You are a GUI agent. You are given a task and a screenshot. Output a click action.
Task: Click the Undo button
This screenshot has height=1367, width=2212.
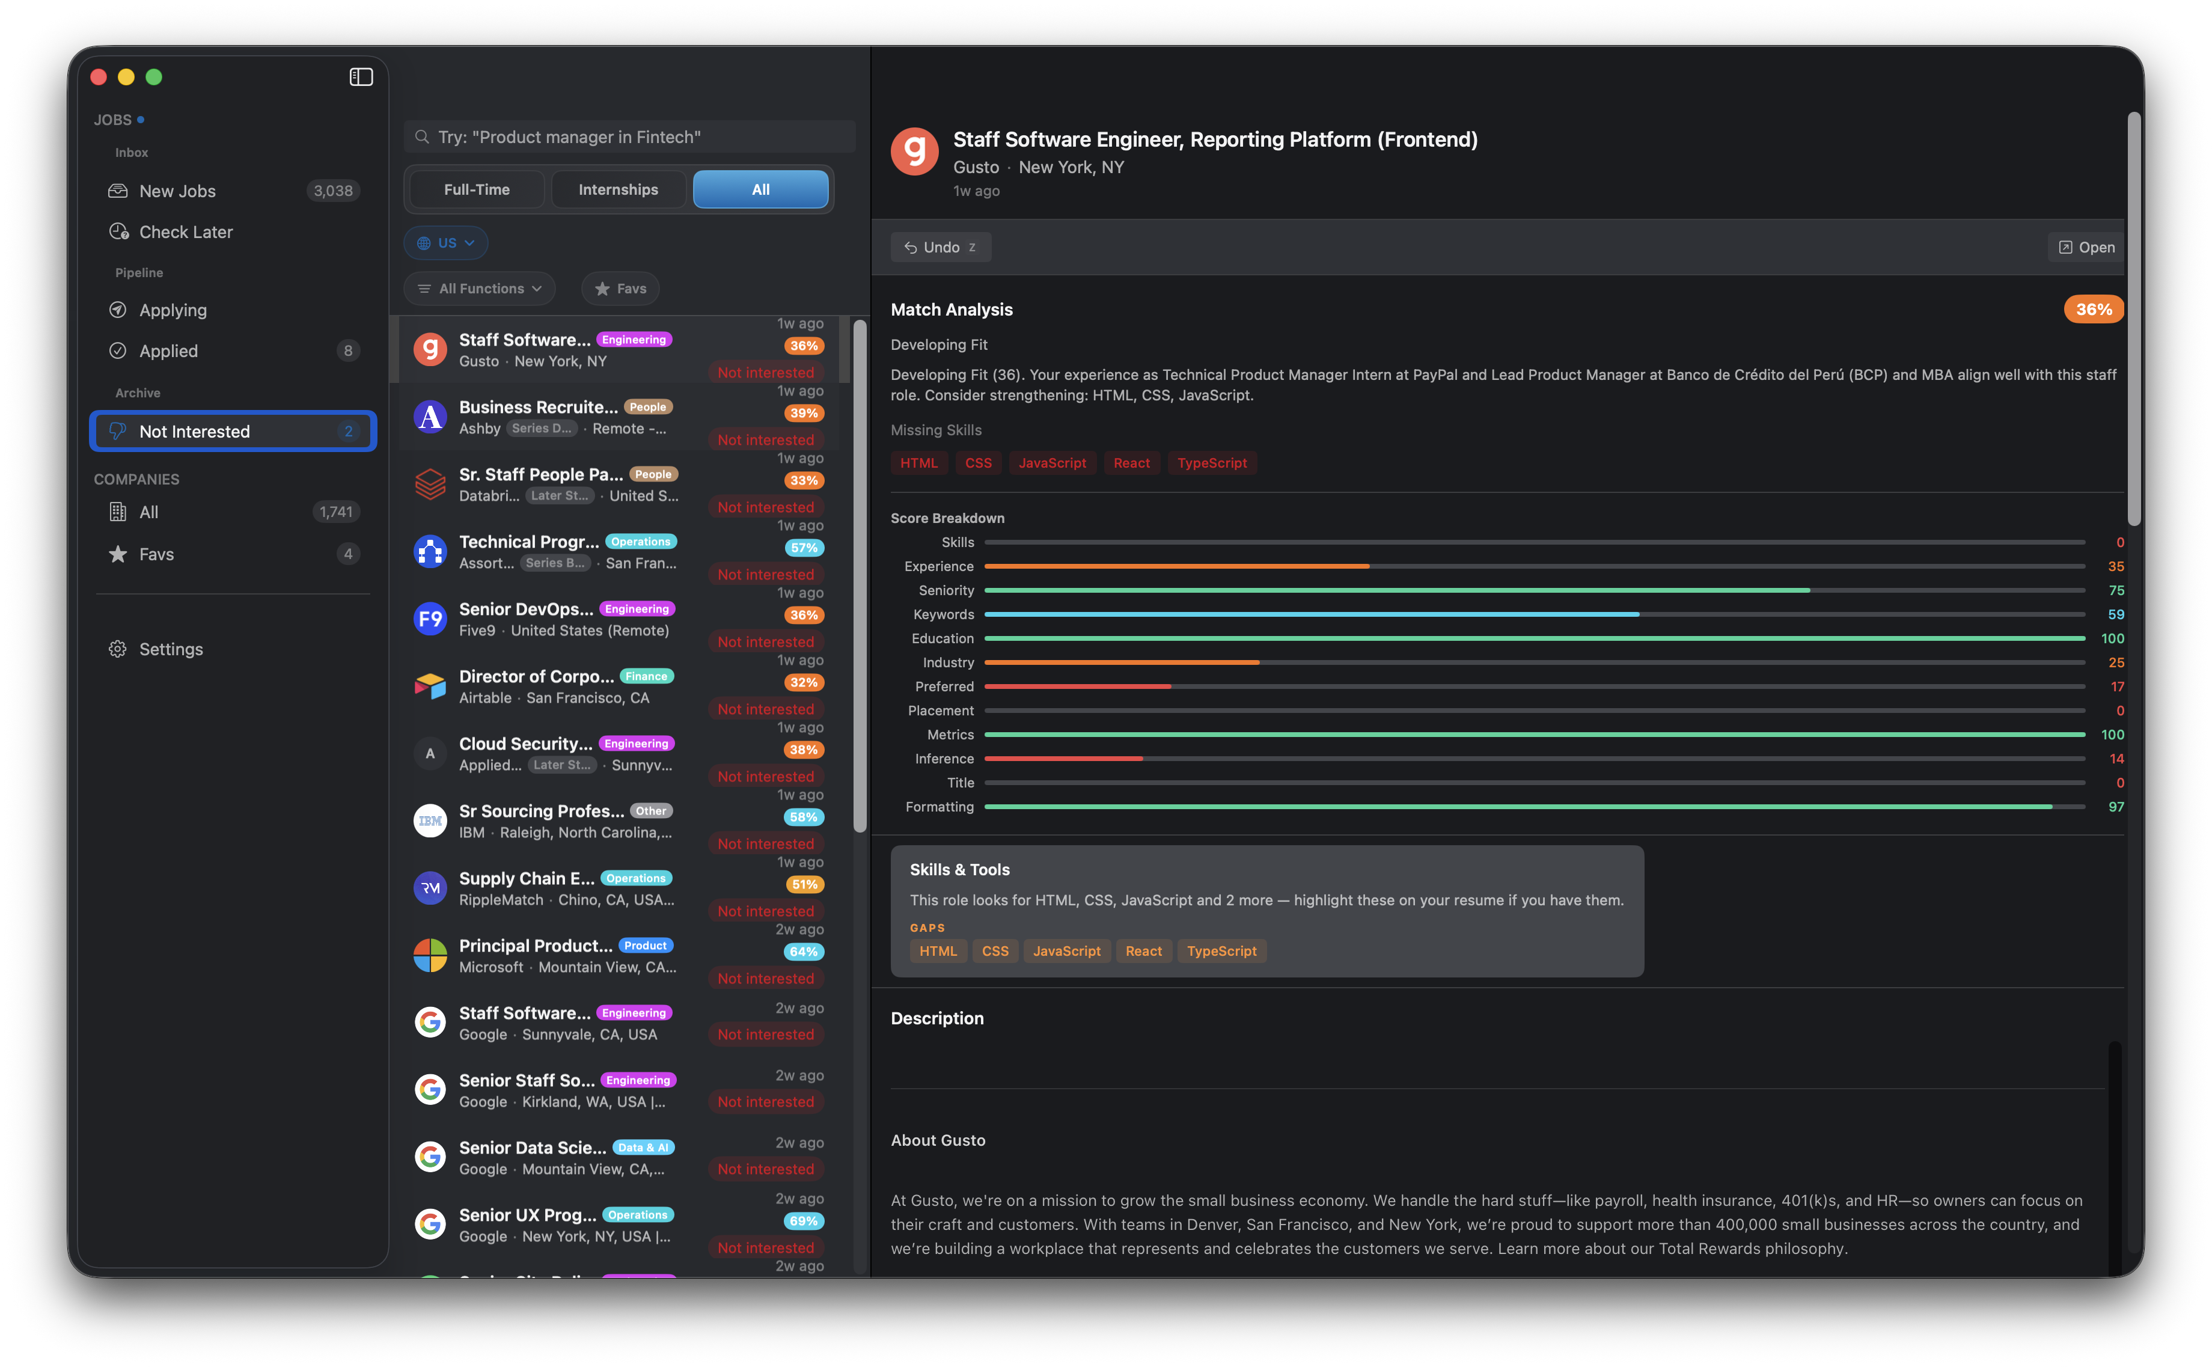(940, 247)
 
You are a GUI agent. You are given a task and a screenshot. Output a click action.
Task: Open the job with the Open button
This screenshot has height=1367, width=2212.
(2086, 247)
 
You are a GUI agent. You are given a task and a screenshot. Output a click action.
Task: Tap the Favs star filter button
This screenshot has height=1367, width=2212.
(620, 289)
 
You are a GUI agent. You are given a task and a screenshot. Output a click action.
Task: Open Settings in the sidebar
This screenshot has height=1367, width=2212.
(171, 649)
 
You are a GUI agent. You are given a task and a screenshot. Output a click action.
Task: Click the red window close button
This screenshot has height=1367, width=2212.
(99, 78)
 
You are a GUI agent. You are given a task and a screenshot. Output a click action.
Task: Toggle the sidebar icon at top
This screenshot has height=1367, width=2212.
(361, 78)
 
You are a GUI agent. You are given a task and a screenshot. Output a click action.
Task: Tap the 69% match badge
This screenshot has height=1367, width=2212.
(804, 1220)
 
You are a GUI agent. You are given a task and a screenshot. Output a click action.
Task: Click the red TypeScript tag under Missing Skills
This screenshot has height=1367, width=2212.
(1211, 463)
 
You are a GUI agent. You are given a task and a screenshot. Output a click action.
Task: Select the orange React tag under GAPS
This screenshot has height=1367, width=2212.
(1143, 951)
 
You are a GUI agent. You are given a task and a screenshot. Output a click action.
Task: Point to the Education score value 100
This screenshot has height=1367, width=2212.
(2112, 638)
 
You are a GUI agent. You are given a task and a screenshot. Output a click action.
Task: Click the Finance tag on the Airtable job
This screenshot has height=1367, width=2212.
(646, 676)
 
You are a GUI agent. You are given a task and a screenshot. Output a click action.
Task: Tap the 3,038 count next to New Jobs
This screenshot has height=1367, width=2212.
(332, 191)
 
